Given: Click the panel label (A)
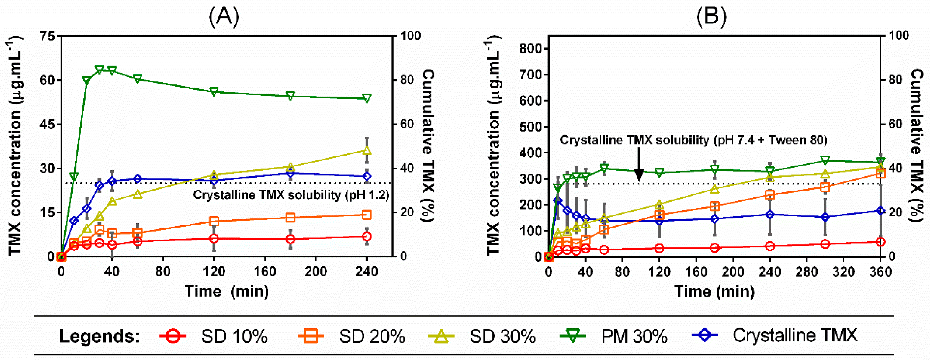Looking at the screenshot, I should pos(224,16).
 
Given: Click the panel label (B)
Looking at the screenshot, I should pos(711,16).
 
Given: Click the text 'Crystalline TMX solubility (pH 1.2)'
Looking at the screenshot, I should pos(291,195).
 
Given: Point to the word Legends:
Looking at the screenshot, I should pos(100,336).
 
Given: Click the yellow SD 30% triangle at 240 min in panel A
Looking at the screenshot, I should pos(366,150).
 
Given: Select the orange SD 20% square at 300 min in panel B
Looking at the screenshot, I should pos(825,187).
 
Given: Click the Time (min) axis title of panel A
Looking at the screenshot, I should pos(227,291).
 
